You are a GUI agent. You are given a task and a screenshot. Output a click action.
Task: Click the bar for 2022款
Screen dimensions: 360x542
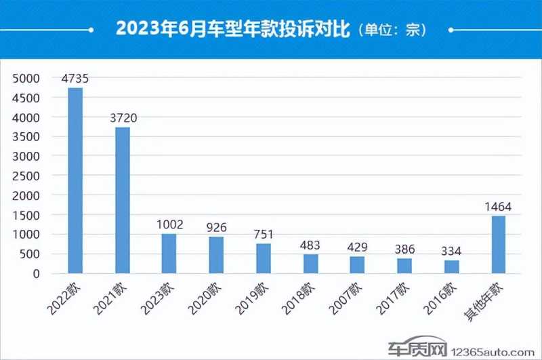(75, 180)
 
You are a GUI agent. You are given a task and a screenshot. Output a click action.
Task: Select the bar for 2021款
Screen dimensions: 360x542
(122, 200)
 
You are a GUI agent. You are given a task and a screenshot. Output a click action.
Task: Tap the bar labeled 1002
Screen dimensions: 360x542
(169, 253)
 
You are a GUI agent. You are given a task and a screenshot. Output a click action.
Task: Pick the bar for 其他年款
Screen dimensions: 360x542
(498, 244)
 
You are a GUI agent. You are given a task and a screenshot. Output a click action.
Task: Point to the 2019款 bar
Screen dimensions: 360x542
(263, 258)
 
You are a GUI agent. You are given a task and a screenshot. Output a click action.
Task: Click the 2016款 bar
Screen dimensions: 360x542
(451, 266)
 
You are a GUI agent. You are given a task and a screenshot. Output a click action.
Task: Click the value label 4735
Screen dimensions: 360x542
(75, 79)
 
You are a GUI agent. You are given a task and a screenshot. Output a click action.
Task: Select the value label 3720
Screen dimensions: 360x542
(123, 118)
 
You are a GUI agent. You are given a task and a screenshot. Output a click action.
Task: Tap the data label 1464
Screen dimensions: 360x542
(498, 207)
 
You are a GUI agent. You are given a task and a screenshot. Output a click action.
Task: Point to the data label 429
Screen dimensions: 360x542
(357, 247)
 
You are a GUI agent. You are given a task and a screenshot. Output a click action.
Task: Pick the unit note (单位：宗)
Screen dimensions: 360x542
(392, 30)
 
